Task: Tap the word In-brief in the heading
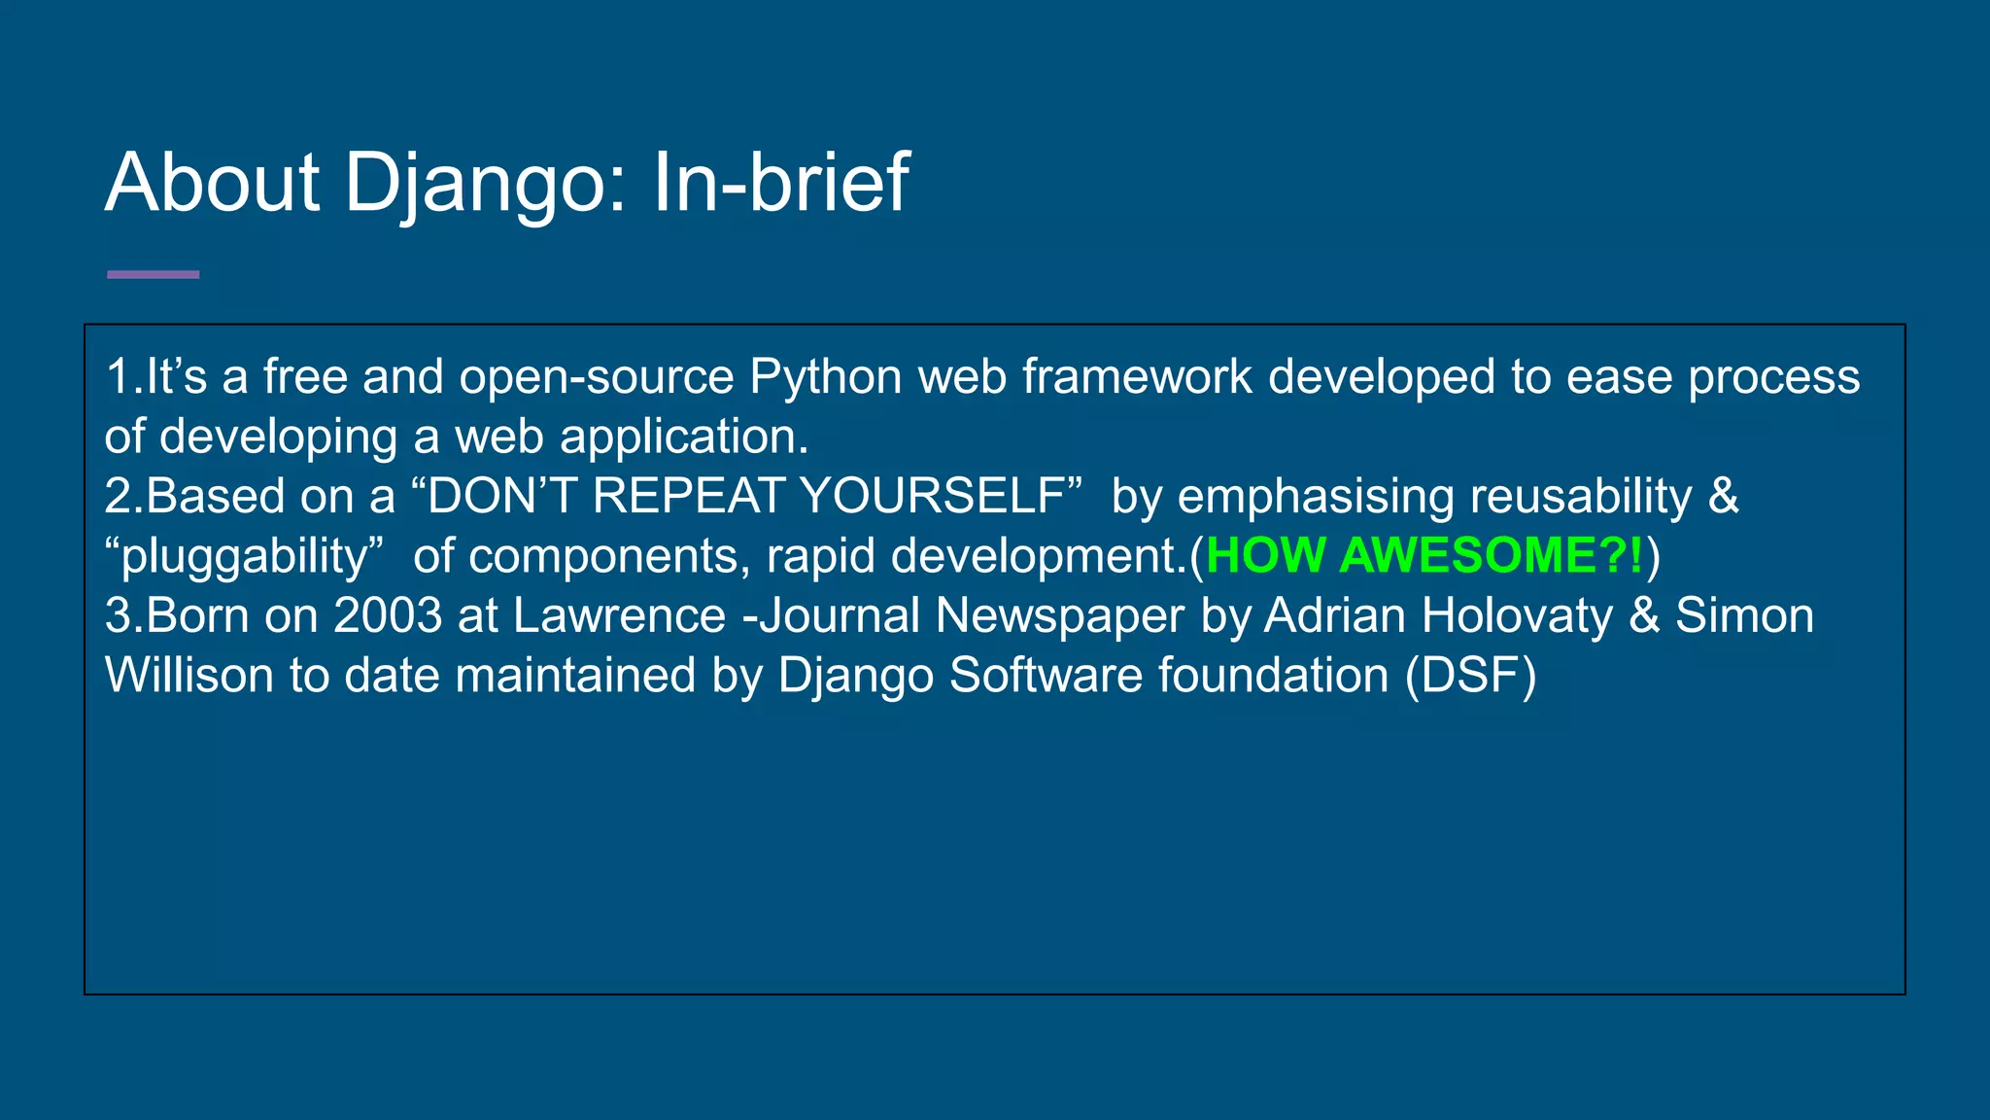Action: pyautogui.click(x=780, y=183)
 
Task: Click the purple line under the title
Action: pyautogui.click(x=153, y=275)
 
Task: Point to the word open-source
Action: pyautogui.click(x=596, y=377)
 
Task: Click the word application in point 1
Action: pyautogui.click(x=678, y=437)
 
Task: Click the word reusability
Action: pyautogui.click(x=1581, y=496)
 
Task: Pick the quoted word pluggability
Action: pyautogui.click(x=243, y=557)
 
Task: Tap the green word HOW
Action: pyautogui.click(x=1265, y=555)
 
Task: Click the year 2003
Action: pyautogui.click(x=388, y=615)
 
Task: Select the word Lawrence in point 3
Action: pyautogui.click(x=619, y=615)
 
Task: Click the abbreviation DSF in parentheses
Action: pyautogui.click(x=1471, y=676)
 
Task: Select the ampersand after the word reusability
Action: pyautogui.click(x=1723, y=496)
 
